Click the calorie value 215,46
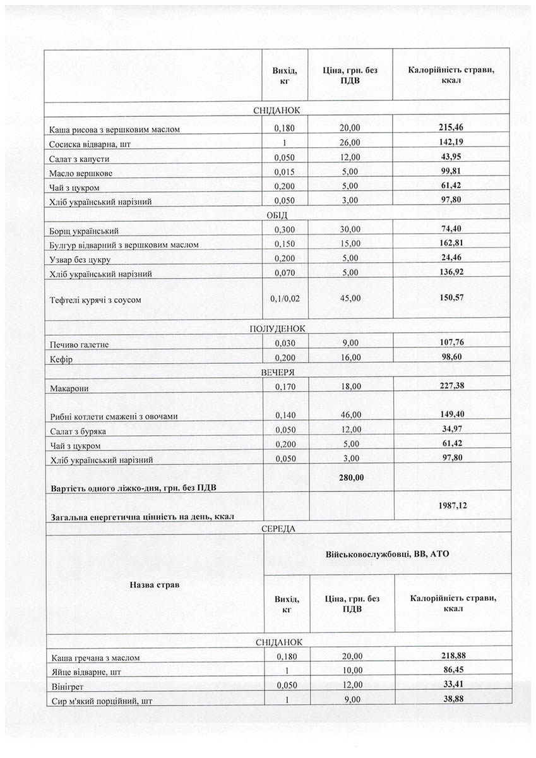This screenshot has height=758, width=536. [x=451, y=128]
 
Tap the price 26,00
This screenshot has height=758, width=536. [x=350, y=143]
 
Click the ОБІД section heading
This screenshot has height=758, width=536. [x=277, y=215]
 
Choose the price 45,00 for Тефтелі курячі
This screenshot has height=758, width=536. [x=350, y=298]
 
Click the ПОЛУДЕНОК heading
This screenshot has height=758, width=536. [x=277, y=328]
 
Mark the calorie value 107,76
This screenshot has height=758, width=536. [x=451, y=343]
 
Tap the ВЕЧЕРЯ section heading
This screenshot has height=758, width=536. [x=277, y=372]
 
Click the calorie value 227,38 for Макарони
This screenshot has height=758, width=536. [x=451, y=385]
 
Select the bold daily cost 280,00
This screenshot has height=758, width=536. [x=350, y=478]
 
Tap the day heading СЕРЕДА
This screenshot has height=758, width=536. [x=277, y=528]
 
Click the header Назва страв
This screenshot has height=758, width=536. [x=154, y=585]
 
